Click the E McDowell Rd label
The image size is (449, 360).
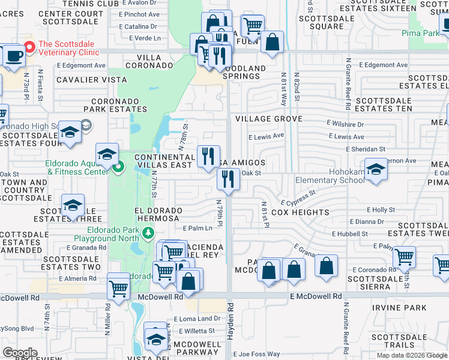pos(315,296)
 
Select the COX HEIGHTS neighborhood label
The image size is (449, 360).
pos(300,212)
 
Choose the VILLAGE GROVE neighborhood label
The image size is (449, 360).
pos(268,119)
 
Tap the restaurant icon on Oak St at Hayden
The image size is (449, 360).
pos(228,178)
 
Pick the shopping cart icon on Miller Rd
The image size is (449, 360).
pos(118,288)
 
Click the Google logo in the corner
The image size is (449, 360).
pos(20,353)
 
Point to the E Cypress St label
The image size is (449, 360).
pos(297,197)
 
